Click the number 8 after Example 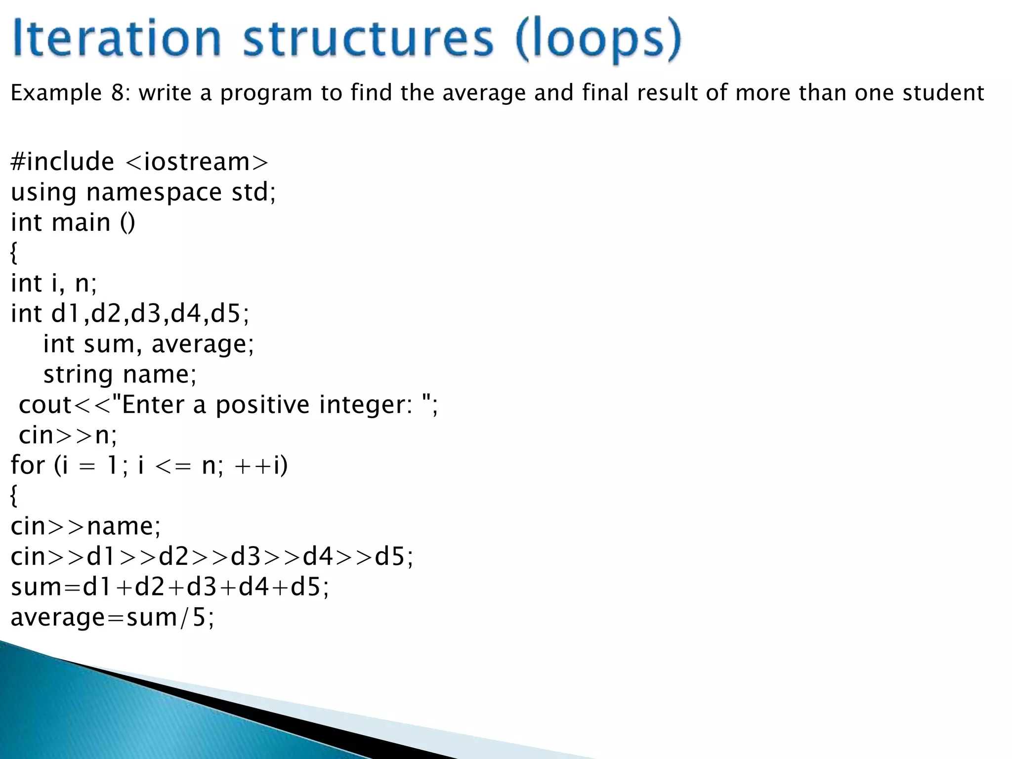[118, 93]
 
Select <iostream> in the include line [197, 162]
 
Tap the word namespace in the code [154, 193]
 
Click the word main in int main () [81, 222]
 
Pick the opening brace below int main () [14, 253]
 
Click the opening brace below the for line [14, 496]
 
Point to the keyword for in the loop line [28, 465]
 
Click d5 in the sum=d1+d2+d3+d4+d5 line [306, 587]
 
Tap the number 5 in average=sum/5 [199, 617]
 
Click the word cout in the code [45, 405]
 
